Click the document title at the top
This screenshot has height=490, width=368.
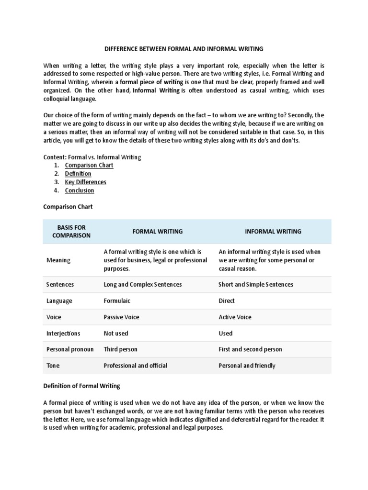point(184,49)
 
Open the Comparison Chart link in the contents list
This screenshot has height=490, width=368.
point(89,165)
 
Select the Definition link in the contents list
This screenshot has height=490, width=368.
point(78,174)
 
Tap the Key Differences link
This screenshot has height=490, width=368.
point(86,182)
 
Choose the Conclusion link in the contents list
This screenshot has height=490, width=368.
point(80,190)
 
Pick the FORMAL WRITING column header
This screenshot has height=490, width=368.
point(157,232)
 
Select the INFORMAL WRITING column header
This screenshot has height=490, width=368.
point(273,232)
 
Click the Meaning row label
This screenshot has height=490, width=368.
point(58,260)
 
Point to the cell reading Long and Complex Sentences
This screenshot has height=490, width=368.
point(143,285)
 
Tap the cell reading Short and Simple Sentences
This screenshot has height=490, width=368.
point(256,285)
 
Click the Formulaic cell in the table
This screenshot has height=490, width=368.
point(117,301)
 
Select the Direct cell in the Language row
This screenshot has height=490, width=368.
point(227,301)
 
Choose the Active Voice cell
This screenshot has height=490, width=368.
point(235,317)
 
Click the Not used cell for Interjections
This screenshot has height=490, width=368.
point(116,334)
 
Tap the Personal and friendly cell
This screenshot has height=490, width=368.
point(247,366)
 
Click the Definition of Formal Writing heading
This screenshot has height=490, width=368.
point(81,386)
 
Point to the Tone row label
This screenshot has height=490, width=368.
point(53,366)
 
